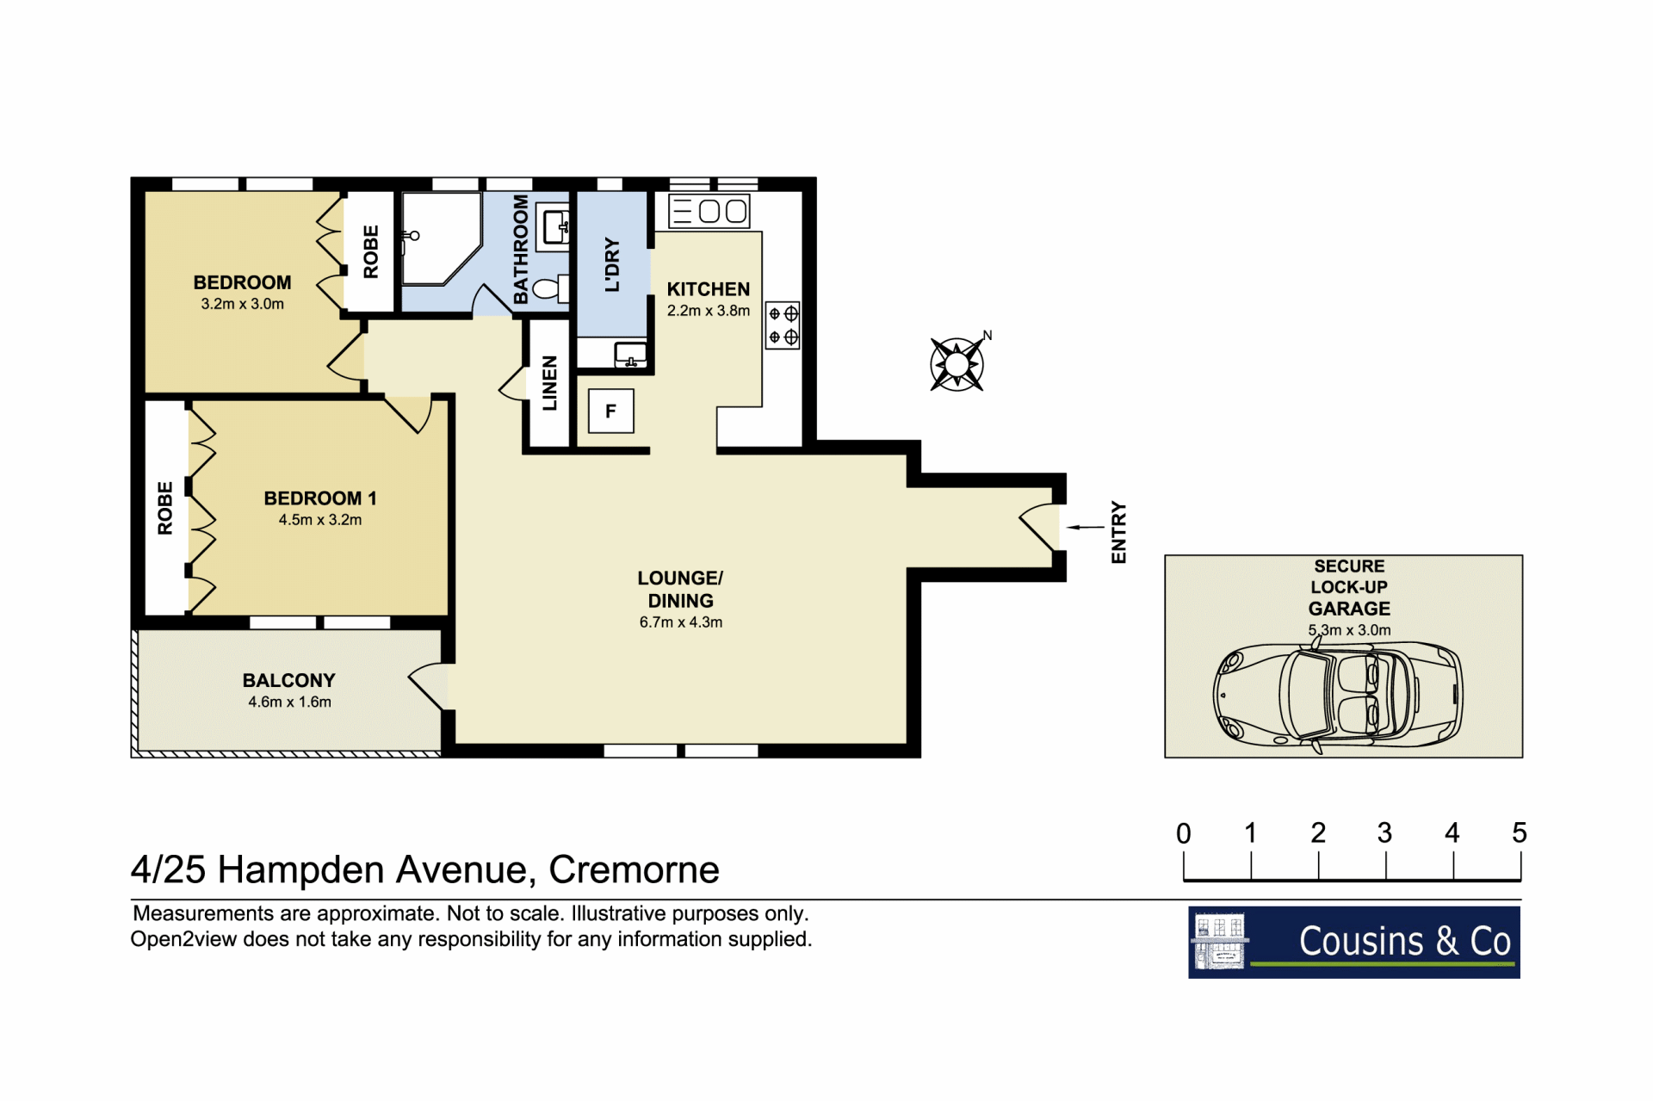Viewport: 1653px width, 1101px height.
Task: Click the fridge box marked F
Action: click(x=611, y=411)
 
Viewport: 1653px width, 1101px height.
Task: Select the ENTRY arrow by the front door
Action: click(x=1085, y=527)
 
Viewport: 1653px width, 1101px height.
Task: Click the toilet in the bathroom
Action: click(x=551, y=288)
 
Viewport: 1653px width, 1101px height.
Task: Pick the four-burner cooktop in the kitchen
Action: click(x=783, y=325)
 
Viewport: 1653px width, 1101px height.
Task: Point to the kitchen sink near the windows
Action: click(x=709, y=211)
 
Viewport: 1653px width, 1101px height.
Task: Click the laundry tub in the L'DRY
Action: click(x=631, y=355)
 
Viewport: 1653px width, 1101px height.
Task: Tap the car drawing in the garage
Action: click(x=1338, y=694)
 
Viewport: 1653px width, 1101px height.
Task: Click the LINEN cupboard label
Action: click(x=550, y=383)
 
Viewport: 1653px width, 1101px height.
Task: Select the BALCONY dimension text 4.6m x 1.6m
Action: click(x=289, y=702)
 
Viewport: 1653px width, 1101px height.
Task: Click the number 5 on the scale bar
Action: click(x=1520, y=832)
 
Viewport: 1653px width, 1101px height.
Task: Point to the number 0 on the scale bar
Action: click(x=1184, y=833)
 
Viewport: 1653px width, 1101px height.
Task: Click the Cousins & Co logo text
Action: click(x=1404, y=941)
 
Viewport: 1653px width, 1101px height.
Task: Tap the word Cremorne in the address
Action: click(x=634, y=869)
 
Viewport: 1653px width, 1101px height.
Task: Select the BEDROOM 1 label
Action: click(x=320, y=498)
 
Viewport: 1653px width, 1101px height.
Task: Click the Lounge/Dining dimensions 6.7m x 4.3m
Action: click(x=681, y=622)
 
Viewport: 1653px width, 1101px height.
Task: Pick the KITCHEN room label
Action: click(x=709, y=289)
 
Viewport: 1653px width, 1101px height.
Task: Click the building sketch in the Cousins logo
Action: click(x=1219, y=942)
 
